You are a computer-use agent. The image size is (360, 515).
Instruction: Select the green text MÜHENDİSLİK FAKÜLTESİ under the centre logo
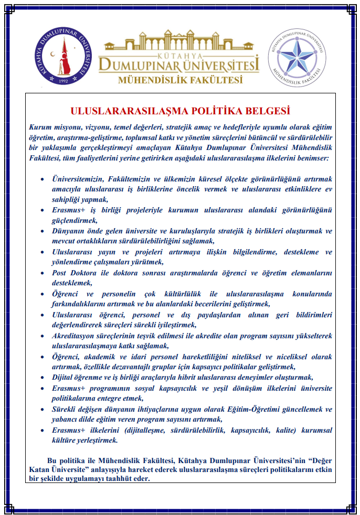pyautogui.click(x=181, y=80)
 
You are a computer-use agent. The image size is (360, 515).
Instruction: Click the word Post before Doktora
pyautogui.click(x=60, y=273)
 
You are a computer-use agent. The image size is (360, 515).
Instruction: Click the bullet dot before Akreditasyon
pyautogui.click(x=43, y=336)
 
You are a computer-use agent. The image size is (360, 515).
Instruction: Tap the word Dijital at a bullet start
pyautogui.click(x=63, y=377)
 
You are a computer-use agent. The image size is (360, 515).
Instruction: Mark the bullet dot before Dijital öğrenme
pyautogui.click(x=43, y=378)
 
